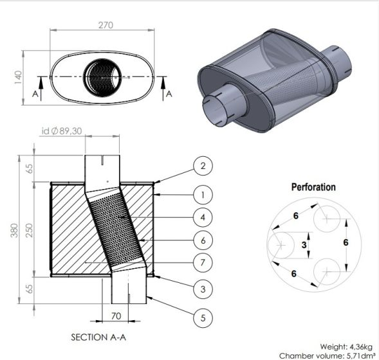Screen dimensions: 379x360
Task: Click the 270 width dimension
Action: (x=106, y=25)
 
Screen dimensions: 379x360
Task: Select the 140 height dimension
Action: (x=18, y=77)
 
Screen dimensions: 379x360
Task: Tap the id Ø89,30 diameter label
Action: (x=62, y=131)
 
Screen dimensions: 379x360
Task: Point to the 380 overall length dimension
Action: (x=14, y=230)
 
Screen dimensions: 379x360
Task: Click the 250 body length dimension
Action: (x=29, y=230)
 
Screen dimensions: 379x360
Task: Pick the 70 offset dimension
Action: (x=116, y=316)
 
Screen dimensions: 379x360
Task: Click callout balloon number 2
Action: (x=203, y=166)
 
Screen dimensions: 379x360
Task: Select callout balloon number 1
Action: (x=203, y=195)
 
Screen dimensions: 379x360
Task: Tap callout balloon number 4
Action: (x=203, y=217)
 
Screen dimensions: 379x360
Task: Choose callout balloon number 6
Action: (x=203, y=240)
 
